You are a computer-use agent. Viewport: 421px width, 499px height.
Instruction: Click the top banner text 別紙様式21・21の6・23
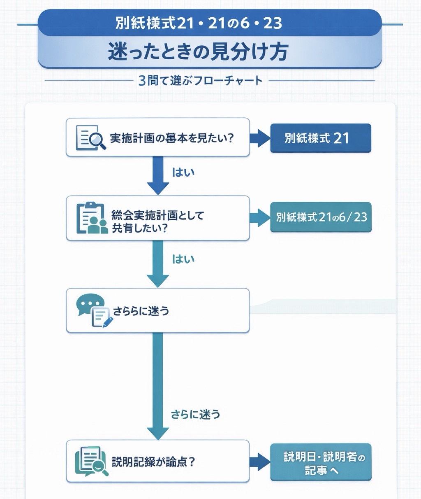click(199, 23)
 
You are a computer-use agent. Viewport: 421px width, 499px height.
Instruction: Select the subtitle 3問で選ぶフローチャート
click(200, 80)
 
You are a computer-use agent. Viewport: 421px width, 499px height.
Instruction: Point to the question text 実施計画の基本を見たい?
click(172, 138)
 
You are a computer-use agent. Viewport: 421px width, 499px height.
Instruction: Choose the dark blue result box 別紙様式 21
click(321, 138)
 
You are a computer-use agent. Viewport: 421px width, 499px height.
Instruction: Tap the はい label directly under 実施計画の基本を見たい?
click(183, 172)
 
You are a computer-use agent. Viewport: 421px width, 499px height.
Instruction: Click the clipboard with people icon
click(92, 218)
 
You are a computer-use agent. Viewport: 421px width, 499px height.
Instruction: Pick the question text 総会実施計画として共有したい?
click(157, 221)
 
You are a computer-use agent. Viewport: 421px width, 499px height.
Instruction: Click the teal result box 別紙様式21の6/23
click(321, 217)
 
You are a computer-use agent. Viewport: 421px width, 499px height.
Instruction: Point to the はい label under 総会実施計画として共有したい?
click(183, 259)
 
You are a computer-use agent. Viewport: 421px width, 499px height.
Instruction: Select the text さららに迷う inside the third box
click(141, 311)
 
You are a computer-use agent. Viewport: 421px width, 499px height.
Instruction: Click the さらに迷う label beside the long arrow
click(195, 414)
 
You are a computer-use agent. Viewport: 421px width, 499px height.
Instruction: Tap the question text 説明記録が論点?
click(153, 462)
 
